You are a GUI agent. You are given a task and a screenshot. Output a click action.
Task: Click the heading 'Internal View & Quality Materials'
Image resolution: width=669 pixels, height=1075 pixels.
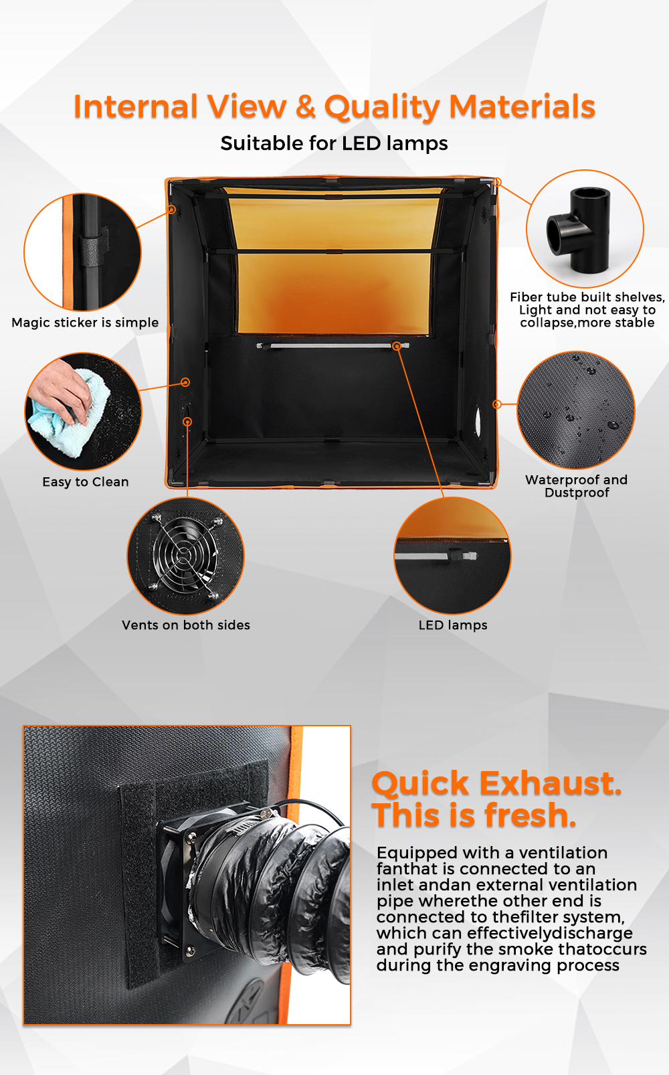pos(334,106)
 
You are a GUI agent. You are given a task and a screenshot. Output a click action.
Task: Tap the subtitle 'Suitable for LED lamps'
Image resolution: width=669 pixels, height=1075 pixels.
pos(334,143)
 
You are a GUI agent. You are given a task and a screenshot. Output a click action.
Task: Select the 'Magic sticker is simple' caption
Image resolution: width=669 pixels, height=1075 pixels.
pos(85,323)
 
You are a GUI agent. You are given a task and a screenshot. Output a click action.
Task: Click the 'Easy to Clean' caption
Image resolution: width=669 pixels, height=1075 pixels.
pos(86,482)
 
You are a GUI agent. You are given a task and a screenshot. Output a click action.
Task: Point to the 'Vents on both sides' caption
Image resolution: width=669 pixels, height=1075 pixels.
pos(185,625)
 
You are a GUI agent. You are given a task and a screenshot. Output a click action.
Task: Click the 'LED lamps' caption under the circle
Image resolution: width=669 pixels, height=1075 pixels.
pos(453,625)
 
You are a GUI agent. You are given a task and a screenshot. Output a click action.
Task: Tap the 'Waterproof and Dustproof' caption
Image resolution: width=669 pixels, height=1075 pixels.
pos(577,486)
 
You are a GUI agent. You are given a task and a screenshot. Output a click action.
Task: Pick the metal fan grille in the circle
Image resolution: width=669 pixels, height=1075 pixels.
pos(185,556)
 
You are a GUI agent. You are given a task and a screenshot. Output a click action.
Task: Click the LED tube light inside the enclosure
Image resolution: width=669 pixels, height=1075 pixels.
pos(333,345)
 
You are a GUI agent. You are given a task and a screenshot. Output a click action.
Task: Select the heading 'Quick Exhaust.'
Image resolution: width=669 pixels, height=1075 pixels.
pos(496,783)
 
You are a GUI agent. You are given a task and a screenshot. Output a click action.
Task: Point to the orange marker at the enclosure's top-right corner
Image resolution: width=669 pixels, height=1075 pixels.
pos(497,182)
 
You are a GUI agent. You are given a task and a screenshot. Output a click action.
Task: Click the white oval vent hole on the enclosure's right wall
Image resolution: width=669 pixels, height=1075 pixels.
pos(478,418)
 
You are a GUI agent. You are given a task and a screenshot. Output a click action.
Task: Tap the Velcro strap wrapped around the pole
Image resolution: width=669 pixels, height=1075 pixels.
pos(91,250)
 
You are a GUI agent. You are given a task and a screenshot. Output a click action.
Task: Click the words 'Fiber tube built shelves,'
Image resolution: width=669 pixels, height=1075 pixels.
pos(587,297)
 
